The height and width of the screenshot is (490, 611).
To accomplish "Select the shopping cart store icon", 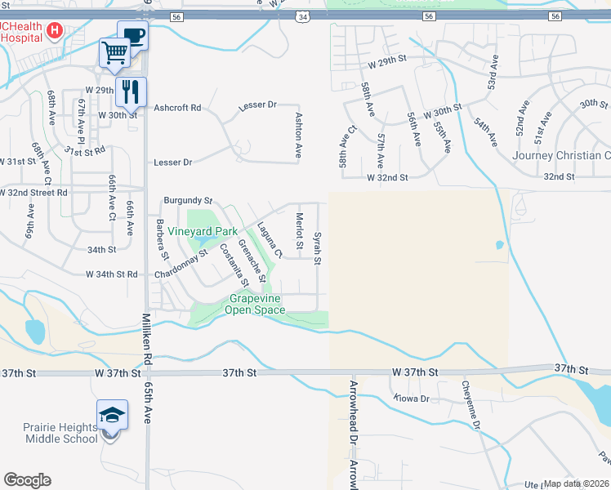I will coord(114,54).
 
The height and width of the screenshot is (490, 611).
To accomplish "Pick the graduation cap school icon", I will coord(112,414).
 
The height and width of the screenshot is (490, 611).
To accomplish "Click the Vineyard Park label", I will coord(203,231).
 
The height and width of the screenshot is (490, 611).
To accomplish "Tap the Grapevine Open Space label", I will coord(253,305).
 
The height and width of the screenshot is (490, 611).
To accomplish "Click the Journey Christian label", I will coord(561,155).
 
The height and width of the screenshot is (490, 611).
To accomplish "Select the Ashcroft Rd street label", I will coord(177,107).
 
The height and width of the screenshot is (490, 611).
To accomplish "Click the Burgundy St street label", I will coord(188,200).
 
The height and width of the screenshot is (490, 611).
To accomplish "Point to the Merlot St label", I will coord(299,227).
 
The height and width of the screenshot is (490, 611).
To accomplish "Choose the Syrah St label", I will coord(318,248).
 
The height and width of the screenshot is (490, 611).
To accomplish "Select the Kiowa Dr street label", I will coord(412,399).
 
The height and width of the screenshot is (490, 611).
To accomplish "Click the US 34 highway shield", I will coord(303,16).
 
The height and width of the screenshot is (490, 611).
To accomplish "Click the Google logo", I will coord(26,480).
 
